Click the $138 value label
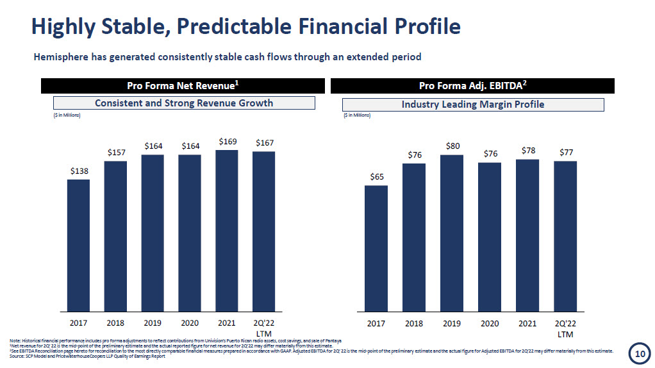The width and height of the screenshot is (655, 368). (79, 171)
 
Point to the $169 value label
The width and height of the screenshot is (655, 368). (227, 141)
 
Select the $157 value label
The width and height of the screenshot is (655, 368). (116, 153)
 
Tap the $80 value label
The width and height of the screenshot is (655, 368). (452, 147)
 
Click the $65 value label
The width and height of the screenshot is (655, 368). (376, 177)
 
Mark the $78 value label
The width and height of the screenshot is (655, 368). (527, 151)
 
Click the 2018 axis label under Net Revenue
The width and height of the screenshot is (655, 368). (116, 323)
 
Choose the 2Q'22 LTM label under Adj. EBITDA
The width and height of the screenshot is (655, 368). (565, 328)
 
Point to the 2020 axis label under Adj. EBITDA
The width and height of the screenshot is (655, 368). (490, 323)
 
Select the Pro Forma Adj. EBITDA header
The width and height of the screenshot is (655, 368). (472, 86)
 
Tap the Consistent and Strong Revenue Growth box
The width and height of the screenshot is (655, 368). (184, 103)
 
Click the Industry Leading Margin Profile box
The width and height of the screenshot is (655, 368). (473, 105)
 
